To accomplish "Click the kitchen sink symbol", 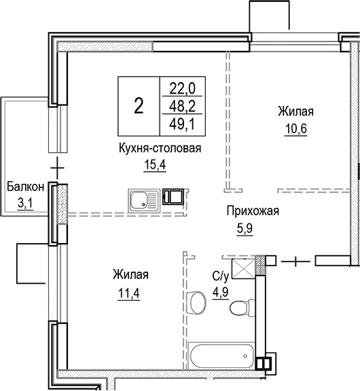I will pyautogui.click(x=142, y=200).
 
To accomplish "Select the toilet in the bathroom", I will pyautogui.click(x=238, y=310).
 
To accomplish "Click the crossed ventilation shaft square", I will pyautogui.click(x=242, y=269).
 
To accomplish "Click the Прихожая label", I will pyautogui.click(x=253, y=211).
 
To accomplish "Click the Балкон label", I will pyautogui.click(x=26, y=185).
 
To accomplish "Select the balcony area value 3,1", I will pyautogui.click(x=26, y=202).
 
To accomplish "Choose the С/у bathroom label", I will pyautogui.click(x=220, y=277).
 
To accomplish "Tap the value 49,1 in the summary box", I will pyautogui.click(x=181, y=124).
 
